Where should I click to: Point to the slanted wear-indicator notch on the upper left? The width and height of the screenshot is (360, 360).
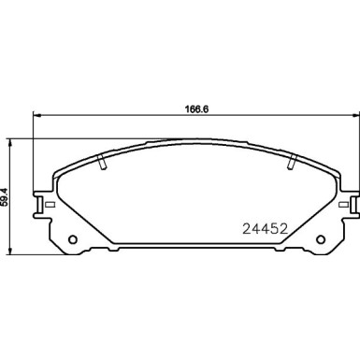point(101,166)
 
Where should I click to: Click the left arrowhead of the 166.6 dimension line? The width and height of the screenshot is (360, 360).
point(36,116)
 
